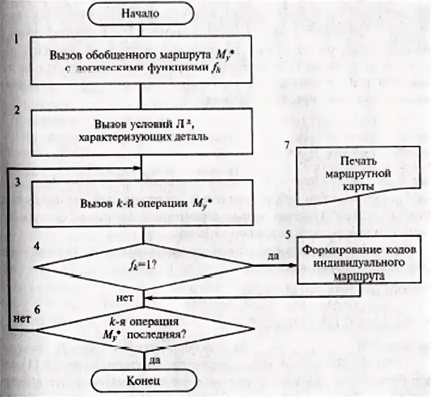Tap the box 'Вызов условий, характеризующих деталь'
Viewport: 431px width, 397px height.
[143, 131]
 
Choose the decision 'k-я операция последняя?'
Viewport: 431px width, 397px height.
[144, 329]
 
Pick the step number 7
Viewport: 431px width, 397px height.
[286, 145]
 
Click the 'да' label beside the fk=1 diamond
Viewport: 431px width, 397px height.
[273, 256]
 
